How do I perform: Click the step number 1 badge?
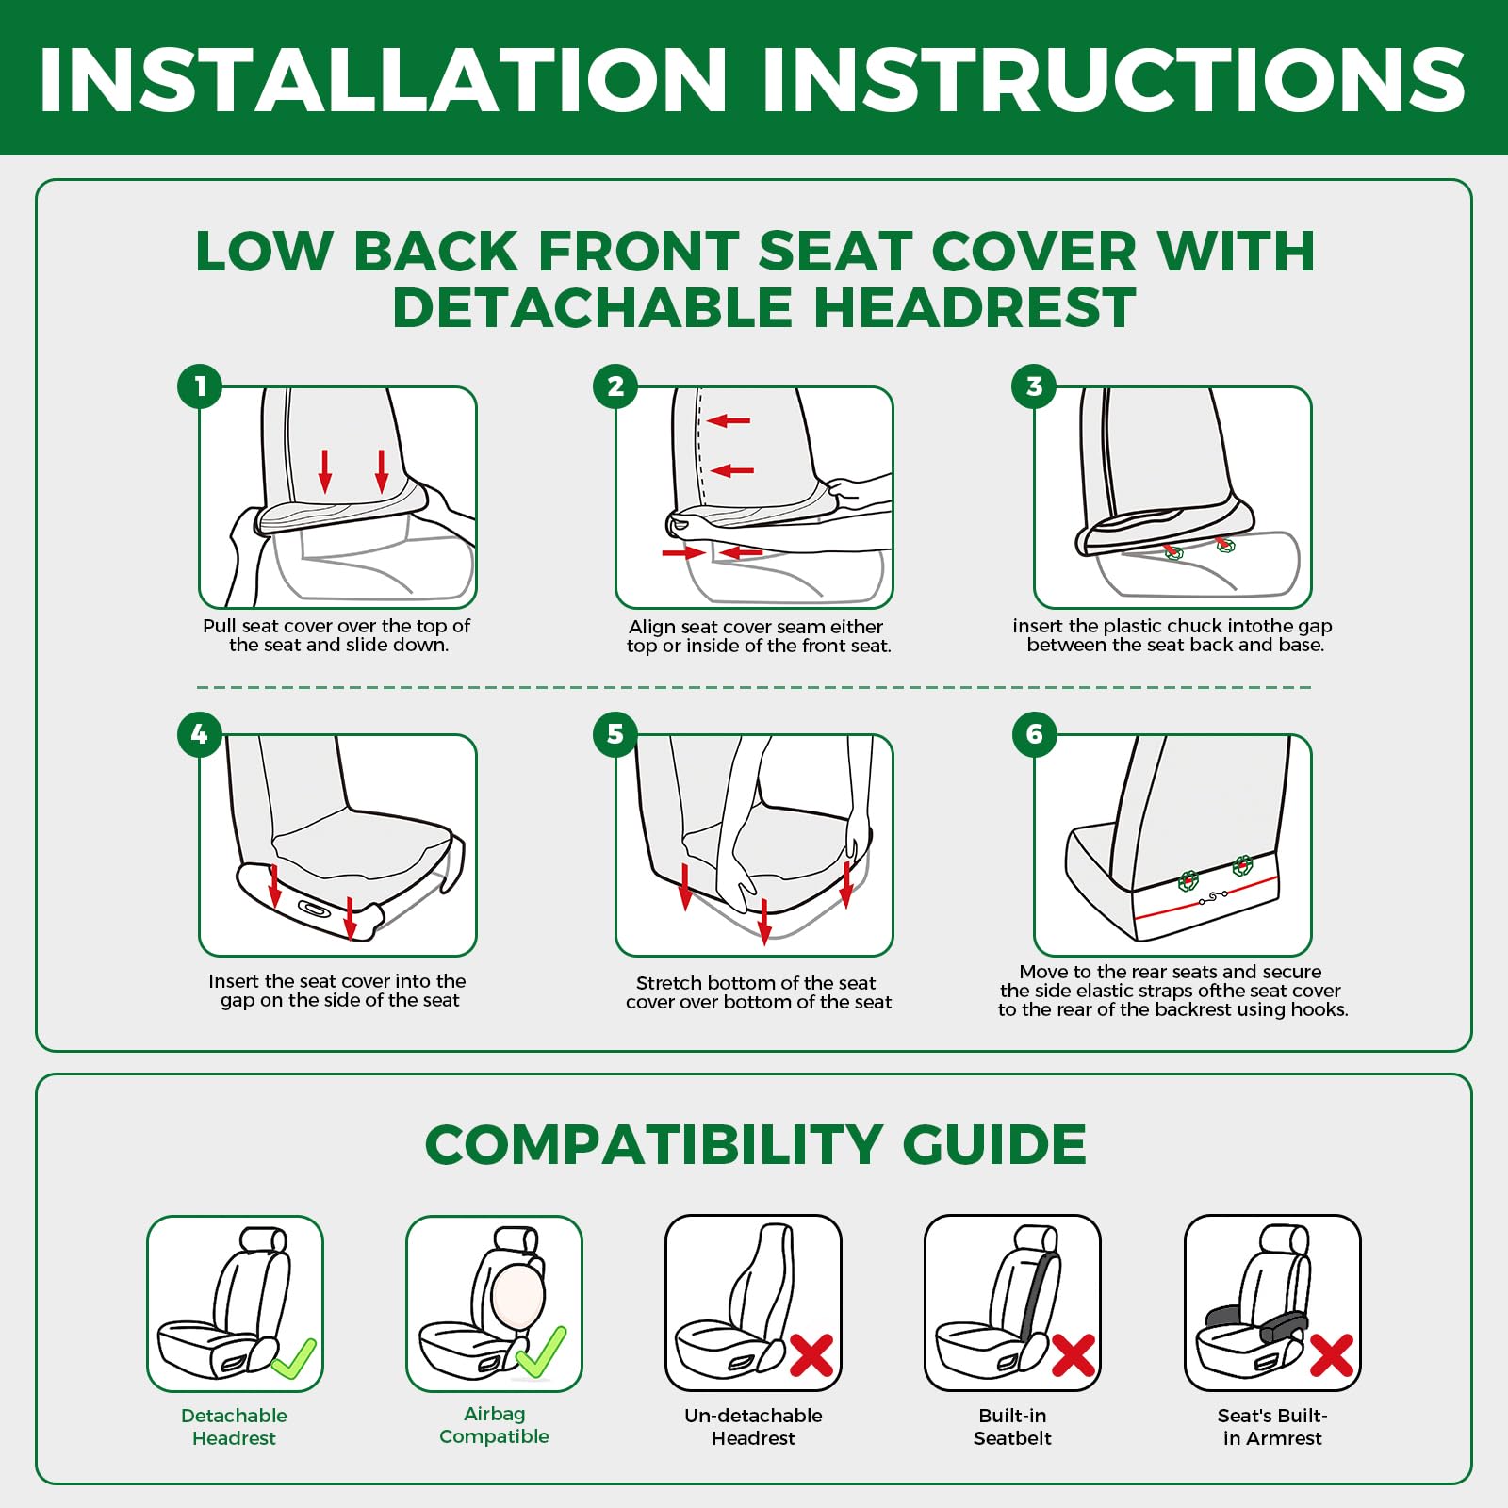tap(200, 386)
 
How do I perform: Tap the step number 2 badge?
tap(615, 386)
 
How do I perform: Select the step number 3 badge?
tap(1034, 386)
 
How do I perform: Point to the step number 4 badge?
tap(200, 734)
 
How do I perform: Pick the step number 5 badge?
tap(615, 734)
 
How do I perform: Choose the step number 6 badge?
tap(1034, 734)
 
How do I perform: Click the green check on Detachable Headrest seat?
tap(294, 1359)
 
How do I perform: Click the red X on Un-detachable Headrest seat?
tap(811, 1355)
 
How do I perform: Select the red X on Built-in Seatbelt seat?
tap(1073, 1355)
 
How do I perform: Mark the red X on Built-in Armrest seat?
tap(1332, 1355)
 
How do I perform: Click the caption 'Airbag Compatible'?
tap(494, 1425)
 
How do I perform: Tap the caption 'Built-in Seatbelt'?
tap(1012, 1427)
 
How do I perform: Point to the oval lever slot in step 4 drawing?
tap(314, 909)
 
